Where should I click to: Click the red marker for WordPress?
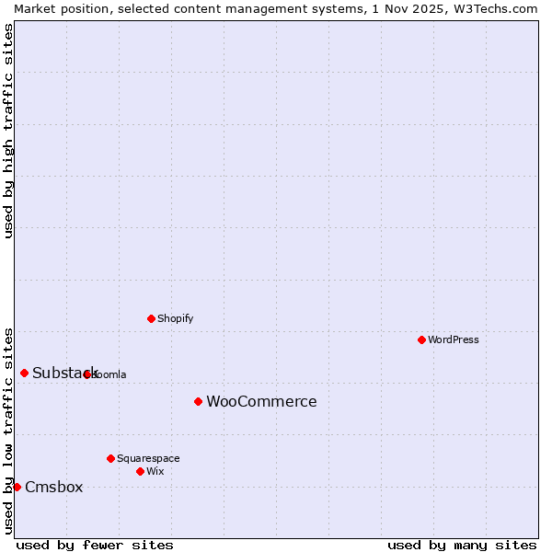click(x=421, y=339)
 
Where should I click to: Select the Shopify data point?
click(x=151, y=318)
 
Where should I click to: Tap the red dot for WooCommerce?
click(x=198, y=401)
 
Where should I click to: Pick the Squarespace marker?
click(x=110, y=458)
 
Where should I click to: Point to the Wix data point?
click(x=140, y=471)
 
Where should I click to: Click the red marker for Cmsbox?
click(x=17, y=487)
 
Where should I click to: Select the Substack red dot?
click(x=24, y=373)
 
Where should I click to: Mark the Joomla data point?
click(x=87, y=374)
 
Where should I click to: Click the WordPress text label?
click(x=454, y=339)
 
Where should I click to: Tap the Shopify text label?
click(x=175, y=318)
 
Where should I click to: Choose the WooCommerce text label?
click(x=261, y=401)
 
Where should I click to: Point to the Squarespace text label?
click(x=148, y=458)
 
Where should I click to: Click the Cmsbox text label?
click(x=53, y=487)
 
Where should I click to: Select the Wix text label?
click(x=155, y=471)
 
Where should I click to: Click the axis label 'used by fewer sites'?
click(x=95, y=545)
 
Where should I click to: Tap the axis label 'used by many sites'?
click(x=462, y=545)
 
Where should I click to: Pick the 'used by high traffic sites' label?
click(x=8, y=131)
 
